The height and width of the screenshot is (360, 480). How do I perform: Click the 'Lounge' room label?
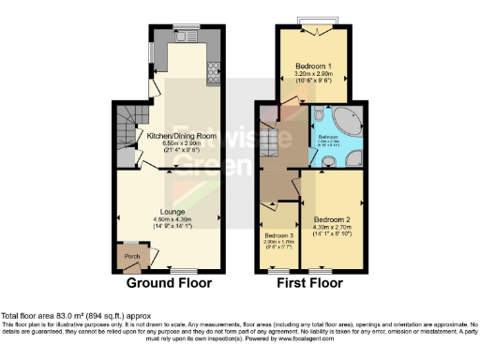coord(171,212)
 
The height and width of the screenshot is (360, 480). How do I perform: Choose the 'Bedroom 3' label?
coord(278,234)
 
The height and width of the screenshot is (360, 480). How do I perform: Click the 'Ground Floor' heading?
coord(169,282)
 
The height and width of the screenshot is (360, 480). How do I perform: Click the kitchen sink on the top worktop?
coord(185,38)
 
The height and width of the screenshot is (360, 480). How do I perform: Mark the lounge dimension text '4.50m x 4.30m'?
coord(171,219)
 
